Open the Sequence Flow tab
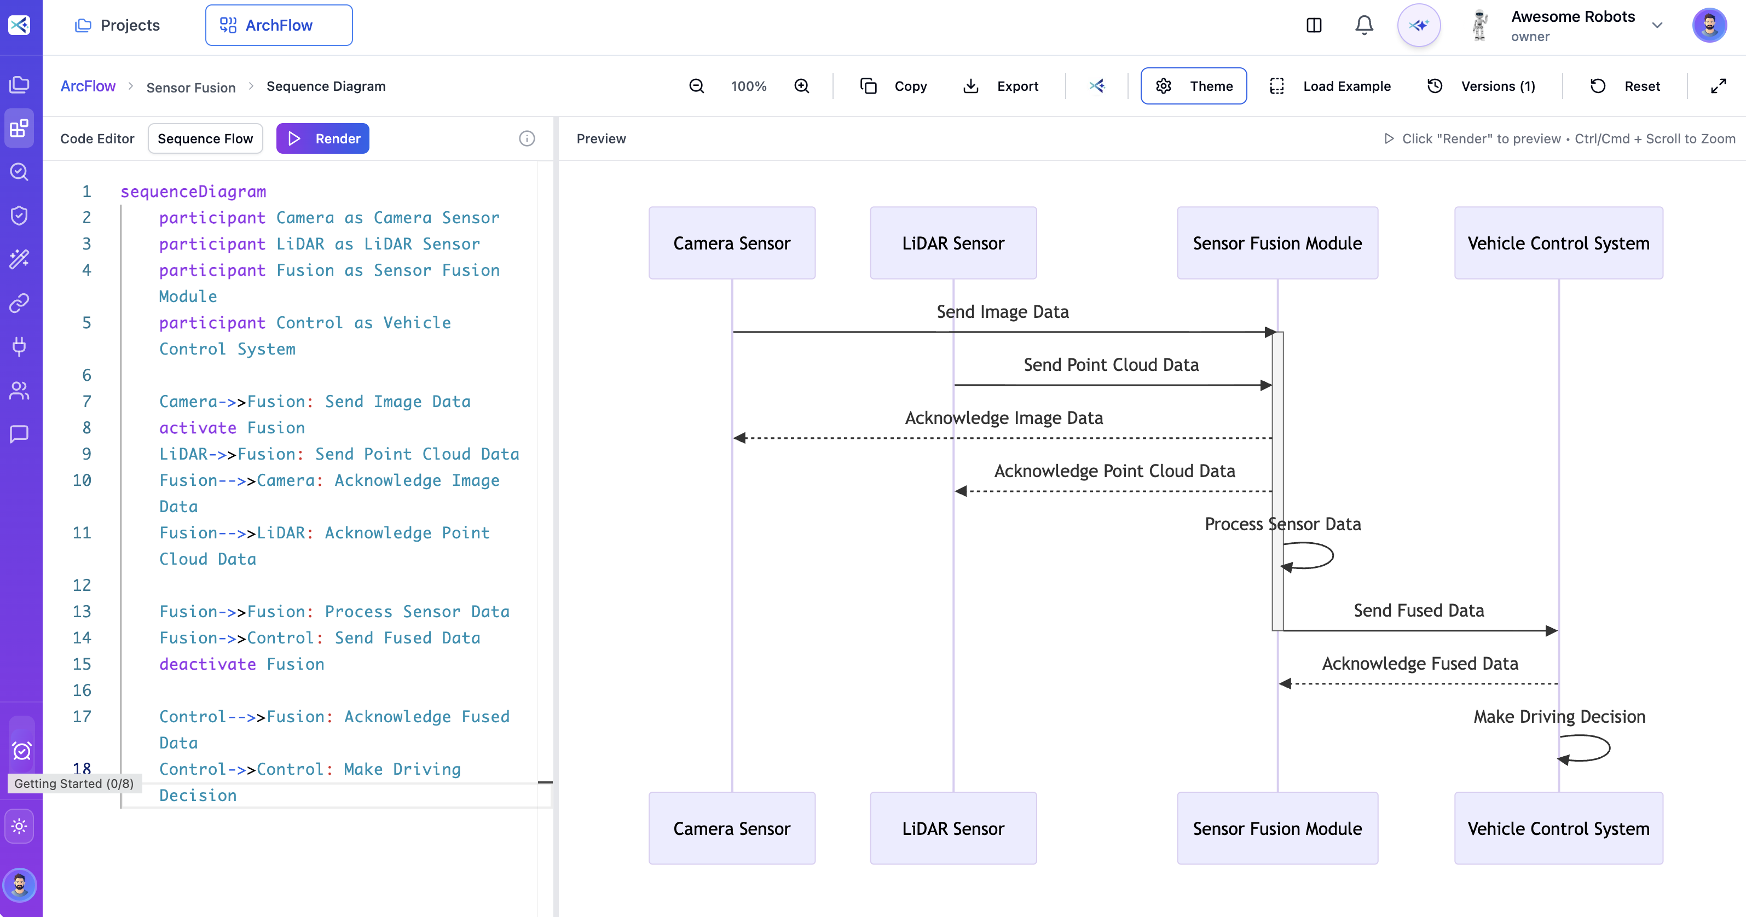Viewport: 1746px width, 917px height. point(205,138)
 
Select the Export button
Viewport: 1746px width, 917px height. point(1001,86)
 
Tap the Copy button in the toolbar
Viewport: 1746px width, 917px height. point(893,86)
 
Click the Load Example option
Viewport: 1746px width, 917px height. point(1330,86)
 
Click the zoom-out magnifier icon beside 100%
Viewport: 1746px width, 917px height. point(696,86)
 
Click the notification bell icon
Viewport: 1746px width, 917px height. point(1364,25)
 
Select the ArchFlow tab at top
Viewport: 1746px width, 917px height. point(279,25)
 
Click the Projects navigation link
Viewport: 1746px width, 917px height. point(117,25)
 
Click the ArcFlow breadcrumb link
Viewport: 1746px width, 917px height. point(88,86)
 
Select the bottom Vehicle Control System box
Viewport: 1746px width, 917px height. point(1558,828)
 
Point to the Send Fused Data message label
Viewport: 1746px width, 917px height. point(1419,611)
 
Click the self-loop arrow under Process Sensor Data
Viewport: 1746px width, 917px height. point(1312,556)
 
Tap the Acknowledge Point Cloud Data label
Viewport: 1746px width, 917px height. point(1114,471)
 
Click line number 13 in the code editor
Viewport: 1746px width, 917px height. point(82,611)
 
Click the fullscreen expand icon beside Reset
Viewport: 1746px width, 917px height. point(1718,86)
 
